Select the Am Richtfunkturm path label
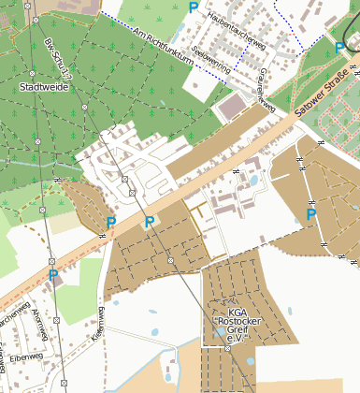pyautogui.click(x=163, y=46)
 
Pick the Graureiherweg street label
pyautogui.click(x=266, y=90)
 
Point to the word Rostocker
pyautogui.click(x=240, y=324)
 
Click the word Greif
pyautogui.click(x=240, y=334)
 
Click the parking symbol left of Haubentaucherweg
pyautogui.click(x=194, y=7)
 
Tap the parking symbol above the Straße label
pyautogui.click(x=339, y=48)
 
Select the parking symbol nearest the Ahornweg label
pyautogui.click(x=53, y=275)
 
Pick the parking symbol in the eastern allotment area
pyautogui.click(x=311, y=215)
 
